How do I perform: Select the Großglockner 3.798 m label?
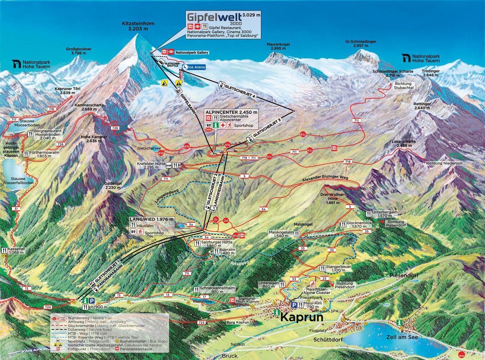[79, 51]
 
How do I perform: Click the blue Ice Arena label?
[196, 67]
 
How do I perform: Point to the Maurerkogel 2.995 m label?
[278, 46]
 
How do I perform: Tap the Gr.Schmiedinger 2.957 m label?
[360, 44]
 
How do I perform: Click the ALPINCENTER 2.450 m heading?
[231, 112]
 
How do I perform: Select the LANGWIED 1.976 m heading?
[151, 219]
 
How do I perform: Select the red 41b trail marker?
[187, 147]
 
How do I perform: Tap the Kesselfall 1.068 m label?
[17, 251]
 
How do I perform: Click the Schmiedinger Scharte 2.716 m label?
[393, 73]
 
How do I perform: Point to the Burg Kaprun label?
[237, 322]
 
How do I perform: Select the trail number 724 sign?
[48, 307]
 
